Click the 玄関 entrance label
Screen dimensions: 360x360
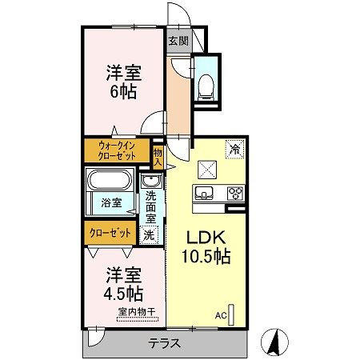click(178, 41)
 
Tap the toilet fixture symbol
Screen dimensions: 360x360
click(204, 82)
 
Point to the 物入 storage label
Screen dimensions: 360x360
click(158, 156)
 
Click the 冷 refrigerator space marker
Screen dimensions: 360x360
click(234, 147)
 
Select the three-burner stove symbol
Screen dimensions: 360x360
click(235, 193)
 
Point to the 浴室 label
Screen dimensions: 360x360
click(111, 203)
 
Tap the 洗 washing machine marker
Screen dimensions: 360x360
click(149, 235)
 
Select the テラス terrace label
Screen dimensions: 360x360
click(165, 343)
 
